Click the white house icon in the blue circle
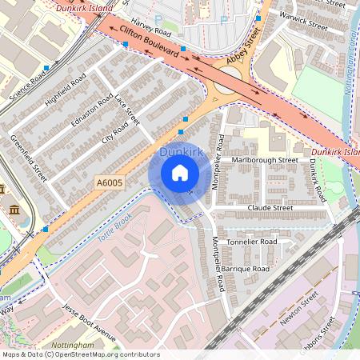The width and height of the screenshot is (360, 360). click(179, 173)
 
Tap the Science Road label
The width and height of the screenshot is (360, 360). click(27, 78)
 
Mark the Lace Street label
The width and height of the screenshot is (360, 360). click(126, 110)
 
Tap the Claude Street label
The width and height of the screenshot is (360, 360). click(270, 207)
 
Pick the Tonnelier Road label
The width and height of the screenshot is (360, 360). click(251, 241)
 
